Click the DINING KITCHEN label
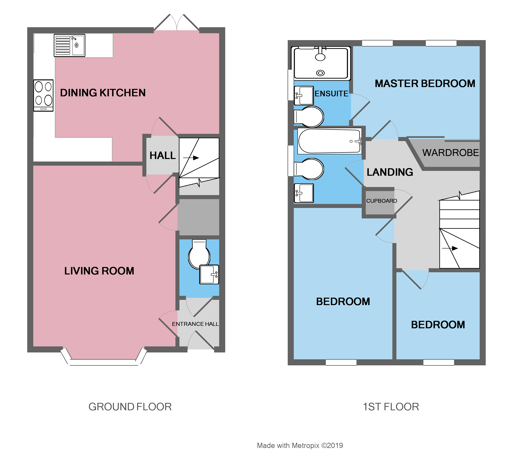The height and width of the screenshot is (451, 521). point(103,93)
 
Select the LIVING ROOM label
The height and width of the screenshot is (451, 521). point(99,271)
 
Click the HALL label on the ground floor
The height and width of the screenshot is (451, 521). point(163,156)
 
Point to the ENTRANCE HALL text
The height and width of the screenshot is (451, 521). point(195,324)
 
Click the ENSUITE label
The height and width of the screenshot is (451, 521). point(331,94)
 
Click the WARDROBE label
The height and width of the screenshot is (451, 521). point(450,153)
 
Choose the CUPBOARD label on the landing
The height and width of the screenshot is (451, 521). point(381,201)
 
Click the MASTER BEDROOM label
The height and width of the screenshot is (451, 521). point(425,84)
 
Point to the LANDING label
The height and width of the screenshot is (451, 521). point(390,172)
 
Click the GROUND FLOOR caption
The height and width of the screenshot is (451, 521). point(130,407)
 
